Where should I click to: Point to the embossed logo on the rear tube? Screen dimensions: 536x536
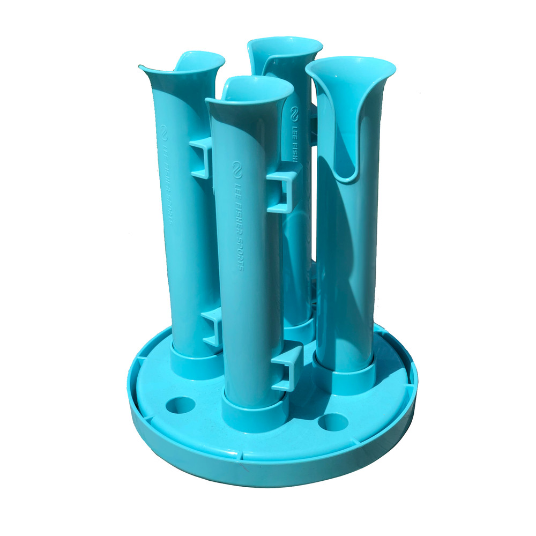click(x=294, y=114)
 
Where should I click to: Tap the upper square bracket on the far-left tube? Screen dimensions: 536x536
click(x=201, y=158)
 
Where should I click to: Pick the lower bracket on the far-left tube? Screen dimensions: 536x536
click(x=212, y=328)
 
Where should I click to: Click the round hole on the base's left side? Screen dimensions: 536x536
click(x=180, y=405)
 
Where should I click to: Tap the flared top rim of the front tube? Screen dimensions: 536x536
click(x=249, y=90)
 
